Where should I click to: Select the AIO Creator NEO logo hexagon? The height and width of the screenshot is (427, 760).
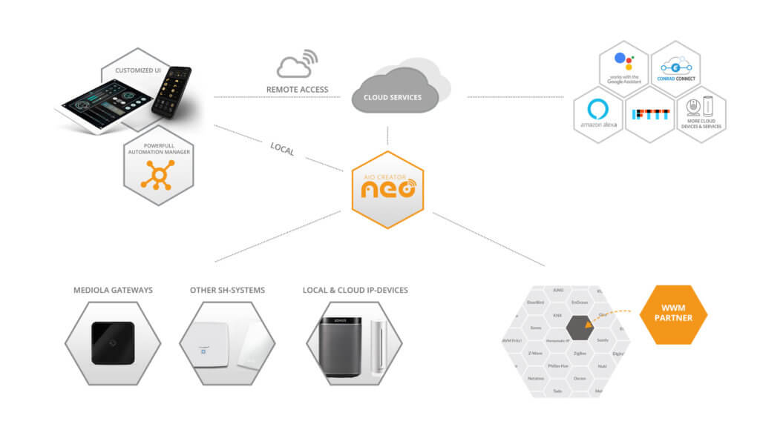(x=387, y=189)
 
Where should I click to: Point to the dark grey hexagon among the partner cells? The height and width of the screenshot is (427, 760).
(x=579, y=328)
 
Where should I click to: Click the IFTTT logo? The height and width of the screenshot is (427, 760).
(x=650, y=114)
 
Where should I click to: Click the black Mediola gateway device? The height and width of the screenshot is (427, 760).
(x=113, y=343)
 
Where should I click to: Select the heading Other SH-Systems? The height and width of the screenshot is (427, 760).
(x=226, y=290)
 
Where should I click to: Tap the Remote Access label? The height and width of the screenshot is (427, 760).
(x=297, y=90)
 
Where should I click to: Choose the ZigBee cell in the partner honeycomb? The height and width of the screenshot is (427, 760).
(x=579, y=354)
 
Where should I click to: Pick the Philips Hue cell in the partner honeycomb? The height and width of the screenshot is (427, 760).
(x=557, y=366)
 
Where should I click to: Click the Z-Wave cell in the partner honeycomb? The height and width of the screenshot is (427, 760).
(x=535, y=354)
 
